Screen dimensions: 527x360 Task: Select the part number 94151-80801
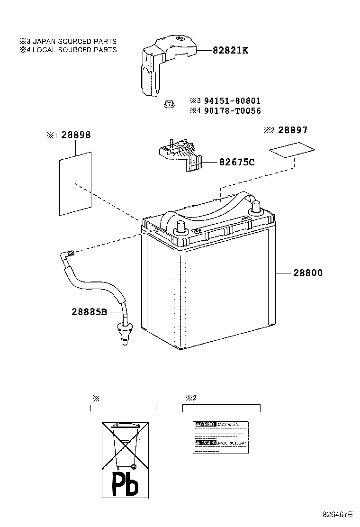tap(232, 101)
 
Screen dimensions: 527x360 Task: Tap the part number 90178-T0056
tap(232, 111)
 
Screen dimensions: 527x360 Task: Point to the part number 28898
tap(75, 135)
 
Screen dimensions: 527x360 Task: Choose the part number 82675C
tap(237, 163)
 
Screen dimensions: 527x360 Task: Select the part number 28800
tap(307, 273)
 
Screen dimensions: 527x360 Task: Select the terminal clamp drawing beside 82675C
tap(180, 154)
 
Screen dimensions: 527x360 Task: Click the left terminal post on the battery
tap(180, 227)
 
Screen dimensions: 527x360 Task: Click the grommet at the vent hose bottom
tap(124, 330)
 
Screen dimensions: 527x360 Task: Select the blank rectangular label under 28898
tap(74, 182)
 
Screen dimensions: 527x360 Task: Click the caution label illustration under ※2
tap(221, 436)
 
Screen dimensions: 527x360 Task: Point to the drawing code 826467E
tap(338, 514)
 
